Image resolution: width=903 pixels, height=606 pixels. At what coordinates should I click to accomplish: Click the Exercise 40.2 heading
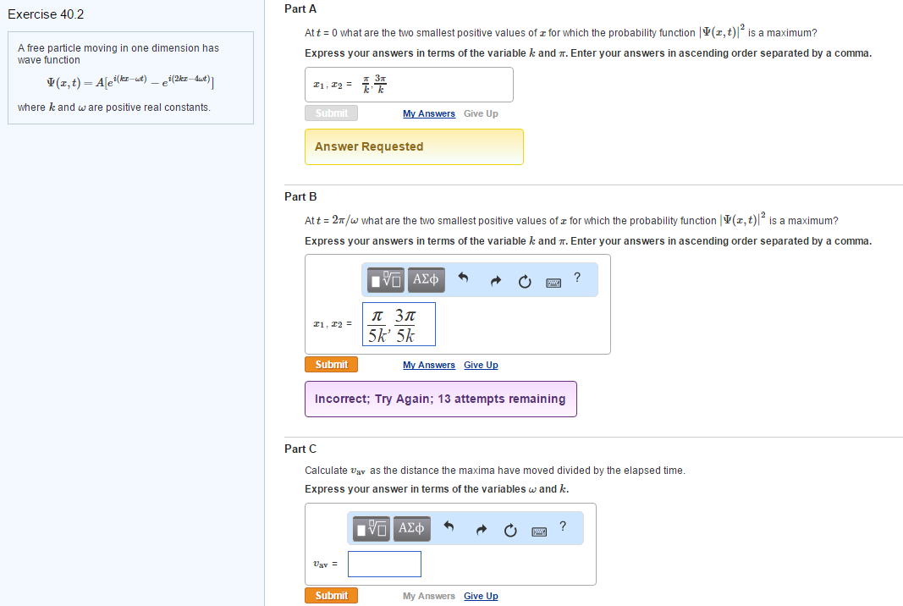(46, 14)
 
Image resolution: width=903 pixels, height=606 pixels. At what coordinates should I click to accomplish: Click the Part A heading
(300, 8)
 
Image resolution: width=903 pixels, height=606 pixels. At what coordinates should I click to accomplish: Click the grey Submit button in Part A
(331, 113)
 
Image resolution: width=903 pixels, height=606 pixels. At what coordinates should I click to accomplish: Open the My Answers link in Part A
(428, 113)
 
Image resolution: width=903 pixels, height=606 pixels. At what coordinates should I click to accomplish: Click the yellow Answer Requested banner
(414, 146)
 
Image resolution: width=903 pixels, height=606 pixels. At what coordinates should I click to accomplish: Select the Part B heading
(300, 196)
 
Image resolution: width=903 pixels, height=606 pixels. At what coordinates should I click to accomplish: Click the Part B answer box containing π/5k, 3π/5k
(399, 324)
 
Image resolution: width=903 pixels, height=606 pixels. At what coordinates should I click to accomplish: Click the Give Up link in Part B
(481, 365)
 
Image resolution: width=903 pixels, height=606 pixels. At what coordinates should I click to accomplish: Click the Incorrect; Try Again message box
(440, 399)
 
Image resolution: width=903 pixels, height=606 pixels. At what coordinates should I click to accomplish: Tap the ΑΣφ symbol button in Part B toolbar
(427, 279)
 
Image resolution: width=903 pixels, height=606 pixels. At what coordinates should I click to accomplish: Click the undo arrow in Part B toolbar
(463, 278)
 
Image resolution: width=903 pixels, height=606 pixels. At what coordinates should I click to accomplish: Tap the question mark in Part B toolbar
(577, 277)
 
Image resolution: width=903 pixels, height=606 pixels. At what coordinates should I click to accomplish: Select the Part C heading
(300, 449)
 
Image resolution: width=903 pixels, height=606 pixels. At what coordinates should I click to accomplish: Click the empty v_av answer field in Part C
(384, 564)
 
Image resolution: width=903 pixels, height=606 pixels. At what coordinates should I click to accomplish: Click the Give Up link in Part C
(481, 596)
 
